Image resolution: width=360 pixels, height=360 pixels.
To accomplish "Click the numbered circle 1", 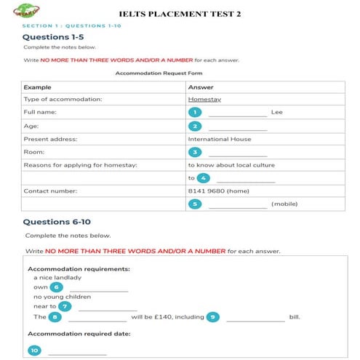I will click(x=194, y=112).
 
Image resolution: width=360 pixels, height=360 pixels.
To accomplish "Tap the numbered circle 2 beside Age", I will click(x=194, y=126).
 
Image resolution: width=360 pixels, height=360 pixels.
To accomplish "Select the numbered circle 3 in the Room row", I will click(x=194, y=152).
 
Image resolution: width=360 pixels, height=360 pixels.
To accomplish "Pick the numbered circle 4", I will click(x=203, y=178).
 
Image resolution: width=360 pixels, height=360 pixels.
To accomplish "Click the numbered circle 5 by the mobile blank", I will click(x=194, y=204).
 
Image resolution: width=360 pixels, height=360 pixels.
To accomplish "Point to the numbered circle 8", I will click(x=55, y=317).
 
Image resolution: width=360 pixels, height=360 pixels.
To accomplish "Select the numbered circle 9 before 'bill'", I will click(x=212, y=317).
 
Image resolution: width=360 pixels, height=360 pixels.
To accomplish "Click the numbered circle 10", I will click(x=34, y=350).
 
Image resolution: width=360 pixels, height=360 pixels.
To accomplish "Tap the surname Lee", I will click(x=276, y=113).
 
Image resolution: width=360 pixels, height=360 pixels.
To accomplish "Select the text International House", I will click(x=219, y=139).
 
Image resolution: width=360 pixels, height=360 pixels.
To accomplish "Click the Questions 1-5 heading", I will click(x=51, y=36).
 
